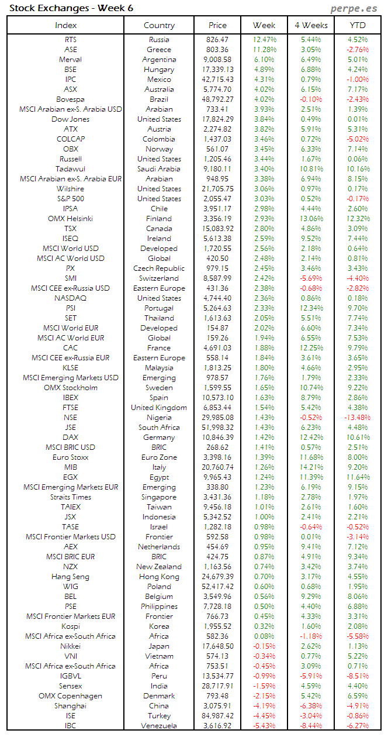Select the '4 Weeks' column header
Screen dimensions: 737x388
[x=311, y=25]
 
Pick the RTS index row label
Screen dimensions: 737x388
[x=70, y=40]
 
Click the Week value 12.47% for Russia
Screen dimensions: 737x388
[x=264, y=40]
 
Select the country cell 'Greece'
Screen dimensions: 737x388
[x=159, y=50]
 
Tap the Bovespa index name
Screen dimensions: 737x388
[x=70, y=99]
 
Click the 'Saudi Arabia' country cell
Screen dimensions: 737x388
[x=159, y=169]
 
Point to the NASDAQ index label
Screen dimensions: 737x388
[x=70, y=298]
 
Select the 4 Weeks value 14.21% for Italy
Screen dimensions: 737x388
[x=311, y=467]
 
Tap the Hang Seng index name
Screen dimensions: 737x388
[x=70, y=577]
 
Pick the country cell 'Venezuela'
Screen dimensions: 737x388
[x=159, y=726]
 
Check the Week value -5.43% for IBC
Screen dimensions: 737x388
[x=264, y=726]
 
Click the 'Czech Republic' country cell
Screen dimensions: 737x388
[x=159, y=268]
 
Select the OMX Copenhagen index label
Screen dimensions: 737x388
[x=70, y=696]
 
